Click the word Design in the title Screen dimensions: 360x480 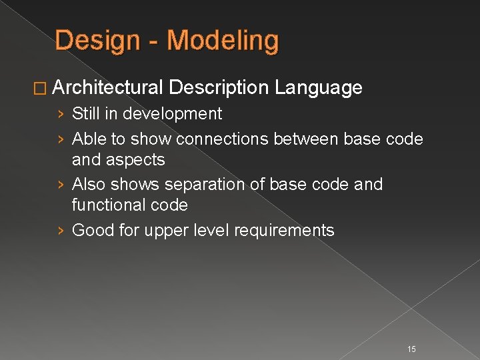(x=97, y=41)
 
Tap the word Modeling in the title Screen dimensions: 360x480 (x=223, y=41)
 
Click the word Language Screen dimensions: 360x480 (x=319, y=87)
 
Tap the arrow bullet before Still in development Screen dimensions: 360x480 (x=61, y=114)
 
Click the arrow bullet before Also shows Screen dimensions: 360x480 (x=61, y=184)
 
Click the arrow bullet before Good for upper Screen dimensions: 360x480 (x=61, y=231)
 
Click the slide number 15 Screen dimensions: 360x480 (x=411, y=349)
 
